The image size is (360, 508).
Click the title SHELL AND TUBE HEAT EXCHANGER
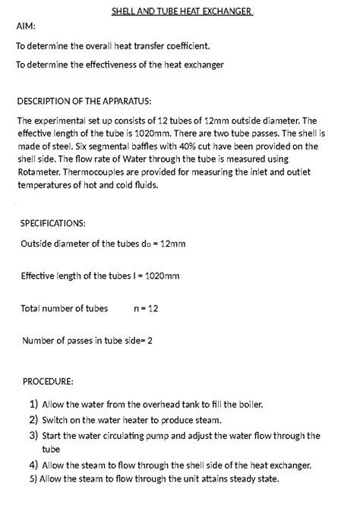182,11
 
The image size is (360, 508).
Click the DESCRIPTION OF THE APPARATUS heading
84,101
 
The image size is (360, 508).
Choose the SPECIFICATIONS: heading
53,223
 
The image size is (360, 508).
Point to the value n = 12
146,308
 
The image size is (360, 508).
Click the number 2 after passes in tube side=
150,341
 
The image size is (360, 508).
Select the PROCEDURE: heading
48,380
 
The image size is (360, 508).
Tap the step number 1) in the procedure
33,405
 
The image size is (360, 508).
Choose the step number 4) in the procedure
33,465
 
